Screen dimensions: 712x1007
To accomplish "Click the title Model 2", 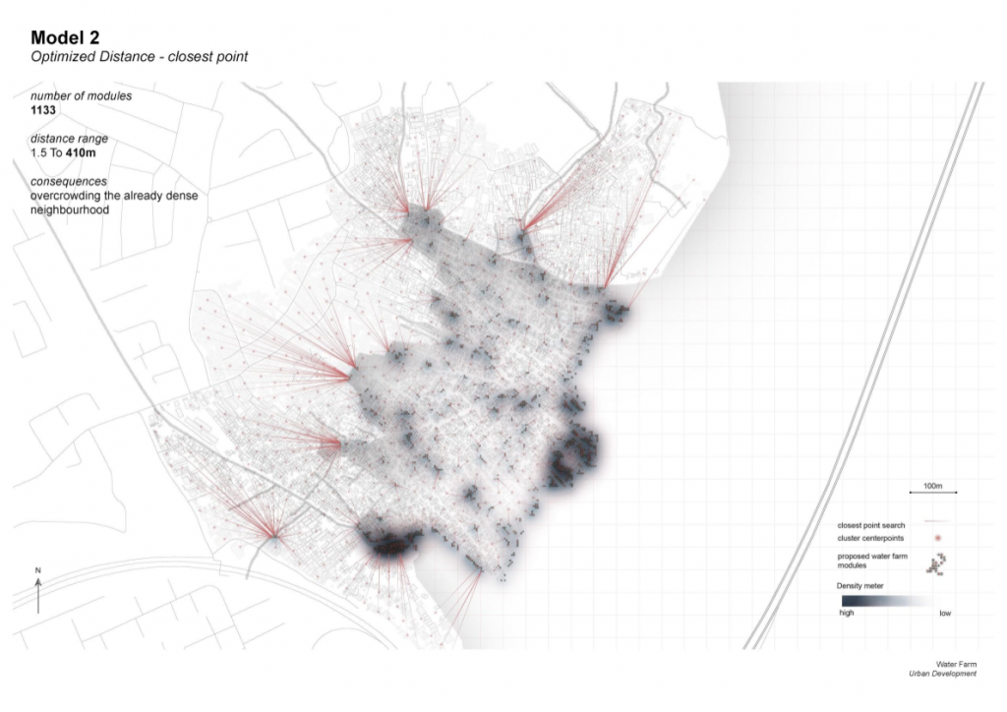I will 65,37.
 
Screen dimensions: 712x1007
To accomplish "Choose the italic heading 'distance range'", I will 69,140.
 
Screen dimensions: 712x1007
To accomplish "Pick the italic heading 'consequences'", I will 68,182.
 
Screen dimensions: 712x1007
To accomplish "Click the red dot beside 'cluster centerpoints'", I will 937,539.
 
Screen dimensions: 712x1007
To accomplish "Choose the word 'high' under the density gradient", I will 847,613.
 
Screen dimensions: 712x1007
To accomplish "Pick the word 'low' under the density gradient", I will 945,613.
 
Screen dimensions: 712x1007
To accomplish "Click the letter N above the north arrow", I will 38,571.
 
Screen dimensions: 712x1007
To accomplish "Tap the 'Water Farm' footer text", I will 956,665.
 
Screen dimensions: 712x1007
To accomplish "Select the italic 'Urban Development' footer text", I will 944,675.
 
